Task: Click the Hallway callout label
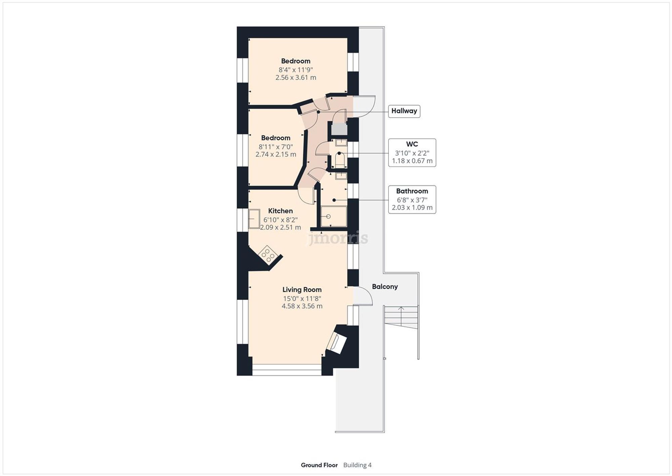point(404,111)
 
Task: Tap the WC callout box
point(412,152)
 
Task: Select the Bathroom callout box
point(412,199)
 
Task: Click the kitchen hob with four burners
point(268,255)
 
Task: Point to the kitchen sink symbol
point(254,219)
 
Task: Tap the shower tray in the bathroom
point(333,217)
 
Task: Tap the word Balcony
point(385,287)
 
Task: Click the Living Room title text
point(302,290)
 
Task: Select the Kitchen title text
point(280,211)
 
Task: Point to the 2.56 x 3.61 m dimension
point(296,77)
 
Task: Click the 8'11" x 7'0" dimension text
point(276,147)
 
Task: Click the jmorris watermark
point(338,238)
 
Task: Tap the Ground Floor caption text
point(319,465)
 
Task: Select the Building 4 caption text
point(357,465)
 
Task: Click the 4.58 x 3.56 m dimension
point(302,306)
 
